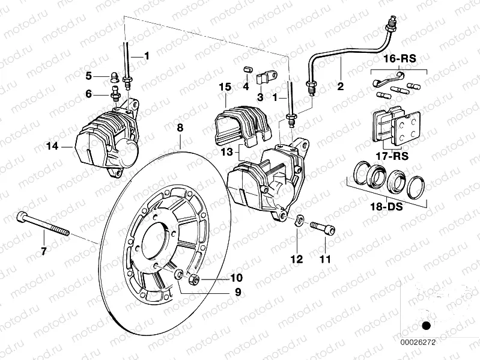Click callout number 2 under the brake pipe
340,87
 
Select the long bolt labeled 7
44,224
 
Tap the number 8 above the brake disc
178,127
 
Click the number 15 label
225,88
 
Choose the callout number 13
227,153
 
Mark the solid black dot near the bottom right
427,326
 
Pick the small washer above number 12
300,219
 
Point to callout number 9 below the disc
238,292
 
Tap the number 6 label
88,94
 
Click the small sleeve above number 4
246,72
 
